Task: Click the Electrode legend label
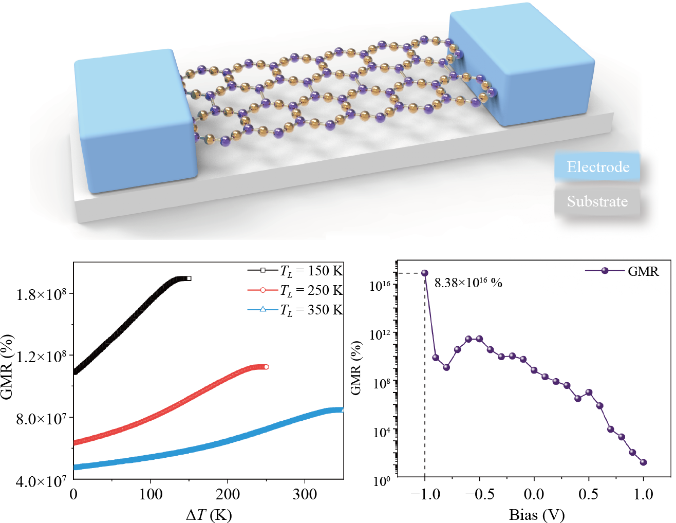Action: tap(597, 167)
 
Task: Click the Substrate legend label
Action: tap(597, 201)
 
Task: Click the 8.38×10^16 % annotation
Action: tap(468, 283)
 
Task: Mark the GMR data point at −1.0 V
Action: tap(425, 273)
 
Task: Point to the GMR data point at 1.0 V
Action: tap(644, 462)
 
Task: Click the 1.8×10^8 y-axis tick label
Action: tap(42, 294)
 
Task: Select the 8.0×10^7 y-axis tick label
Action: tap(42, 419)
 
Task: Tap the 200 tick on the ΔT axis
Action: tap(227, 494)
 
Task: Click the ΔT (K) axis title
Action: tap(209, 514)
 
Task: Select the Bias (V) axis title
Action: tap(537, 514)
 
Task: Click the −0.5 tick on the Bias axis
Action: tap(479, 494)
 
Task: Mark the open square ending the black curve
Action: tap(189, 278)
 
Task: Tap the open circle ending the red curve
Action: tap(266, 367)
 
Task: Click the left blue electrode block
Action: tap(134, 121)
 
